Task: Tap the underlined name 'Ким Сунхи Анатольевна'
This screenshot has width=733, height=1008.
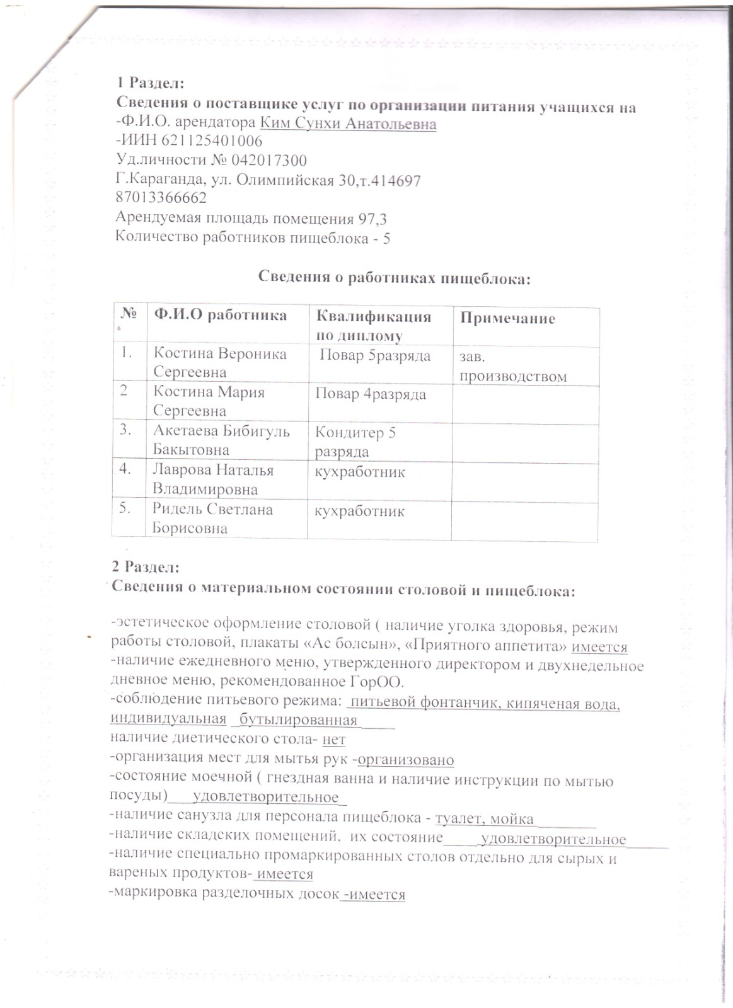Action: [x=348, y=123]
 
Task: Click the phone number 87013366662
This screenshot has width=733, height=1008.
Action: [x=161, y=198]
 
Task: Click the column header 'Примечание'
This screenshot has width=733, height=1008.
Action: [x=507, y=318]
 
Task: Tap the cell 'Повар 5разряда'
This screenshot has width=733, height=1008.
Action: [x=375, y=356]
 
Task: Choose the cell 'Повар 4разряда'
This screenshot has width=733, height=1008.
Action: [x=371, y=394]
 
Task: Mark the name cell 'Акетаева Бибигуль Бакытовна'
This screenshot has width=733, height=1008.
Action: [x=221, y=440]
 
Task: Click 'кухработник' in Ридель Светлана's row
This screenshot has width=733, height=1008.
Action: [x=360, y=511]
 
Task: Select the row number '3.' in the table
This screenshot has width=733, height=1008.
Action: [x=125, y=430]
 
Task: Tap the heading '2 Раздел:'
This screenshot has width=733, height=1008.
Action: [x=146, y=567]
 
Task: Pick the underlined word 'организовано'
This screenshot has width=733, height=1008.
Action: [x=406, y=760]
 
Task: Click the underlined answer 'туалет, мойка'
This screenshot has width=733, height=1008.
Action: [x=485, y=819]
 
